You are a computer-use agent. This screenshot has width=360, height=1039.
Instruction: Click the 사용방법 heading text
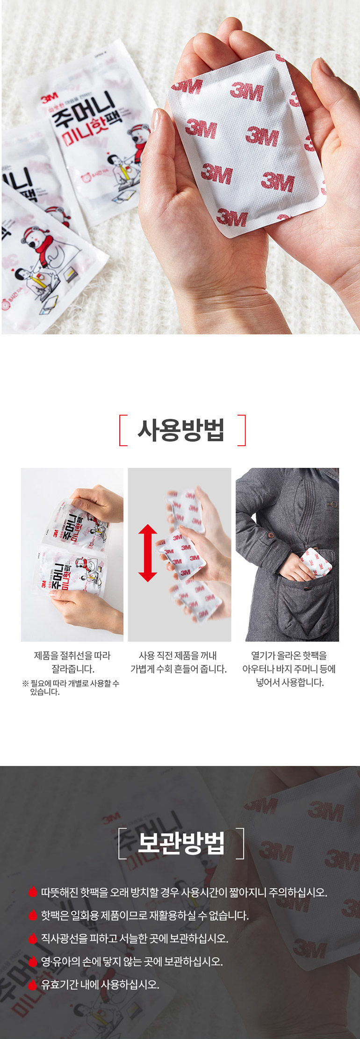pos(180,430)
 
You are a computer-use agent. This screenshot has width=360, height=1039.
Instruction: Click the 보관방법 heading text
pos(181,843)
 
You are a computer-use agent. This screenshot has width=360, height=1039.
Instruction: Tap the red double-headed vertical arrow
pos(148,553)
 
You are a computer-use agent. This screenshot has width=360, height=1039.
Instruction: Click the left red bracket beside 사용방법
pos(122,430)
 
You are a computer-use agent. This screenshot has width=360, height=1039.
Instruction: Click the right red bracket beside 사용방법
pos(242,430)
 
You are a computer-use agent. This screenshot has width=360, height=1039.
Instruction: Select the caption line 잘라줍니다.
pos(72,669)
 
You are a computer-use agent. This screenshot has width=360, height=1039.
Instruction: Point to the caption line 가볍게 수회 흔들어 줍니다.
pos(179,669)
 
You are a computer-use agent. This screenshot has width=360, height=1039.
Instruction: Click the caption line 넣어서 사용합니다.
pos(289,682)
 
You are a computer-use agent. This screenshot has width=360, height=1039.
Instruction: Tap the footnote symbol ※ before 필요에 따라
pos(26,684)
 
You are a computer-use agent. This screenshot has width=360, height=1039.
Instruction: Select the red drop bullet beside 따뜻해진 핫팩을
pos(32,892)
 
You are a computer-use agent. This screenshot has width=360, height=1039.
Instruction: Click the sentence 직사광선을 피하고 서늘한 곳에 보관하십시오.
pos(135,938)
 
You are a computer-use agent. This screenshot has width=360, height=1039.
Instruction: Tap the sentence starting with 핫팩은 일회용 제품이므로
pos(144,915)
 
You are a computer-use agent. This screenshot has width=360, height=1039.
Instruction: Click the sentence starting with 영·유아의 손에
pos(132,961)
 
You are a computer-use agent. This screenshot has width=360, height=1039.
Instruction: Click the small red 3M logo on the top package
pos(49,99)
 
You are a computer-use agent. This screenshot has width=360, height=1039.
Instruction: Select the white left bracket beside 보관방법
pos(121,843)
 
